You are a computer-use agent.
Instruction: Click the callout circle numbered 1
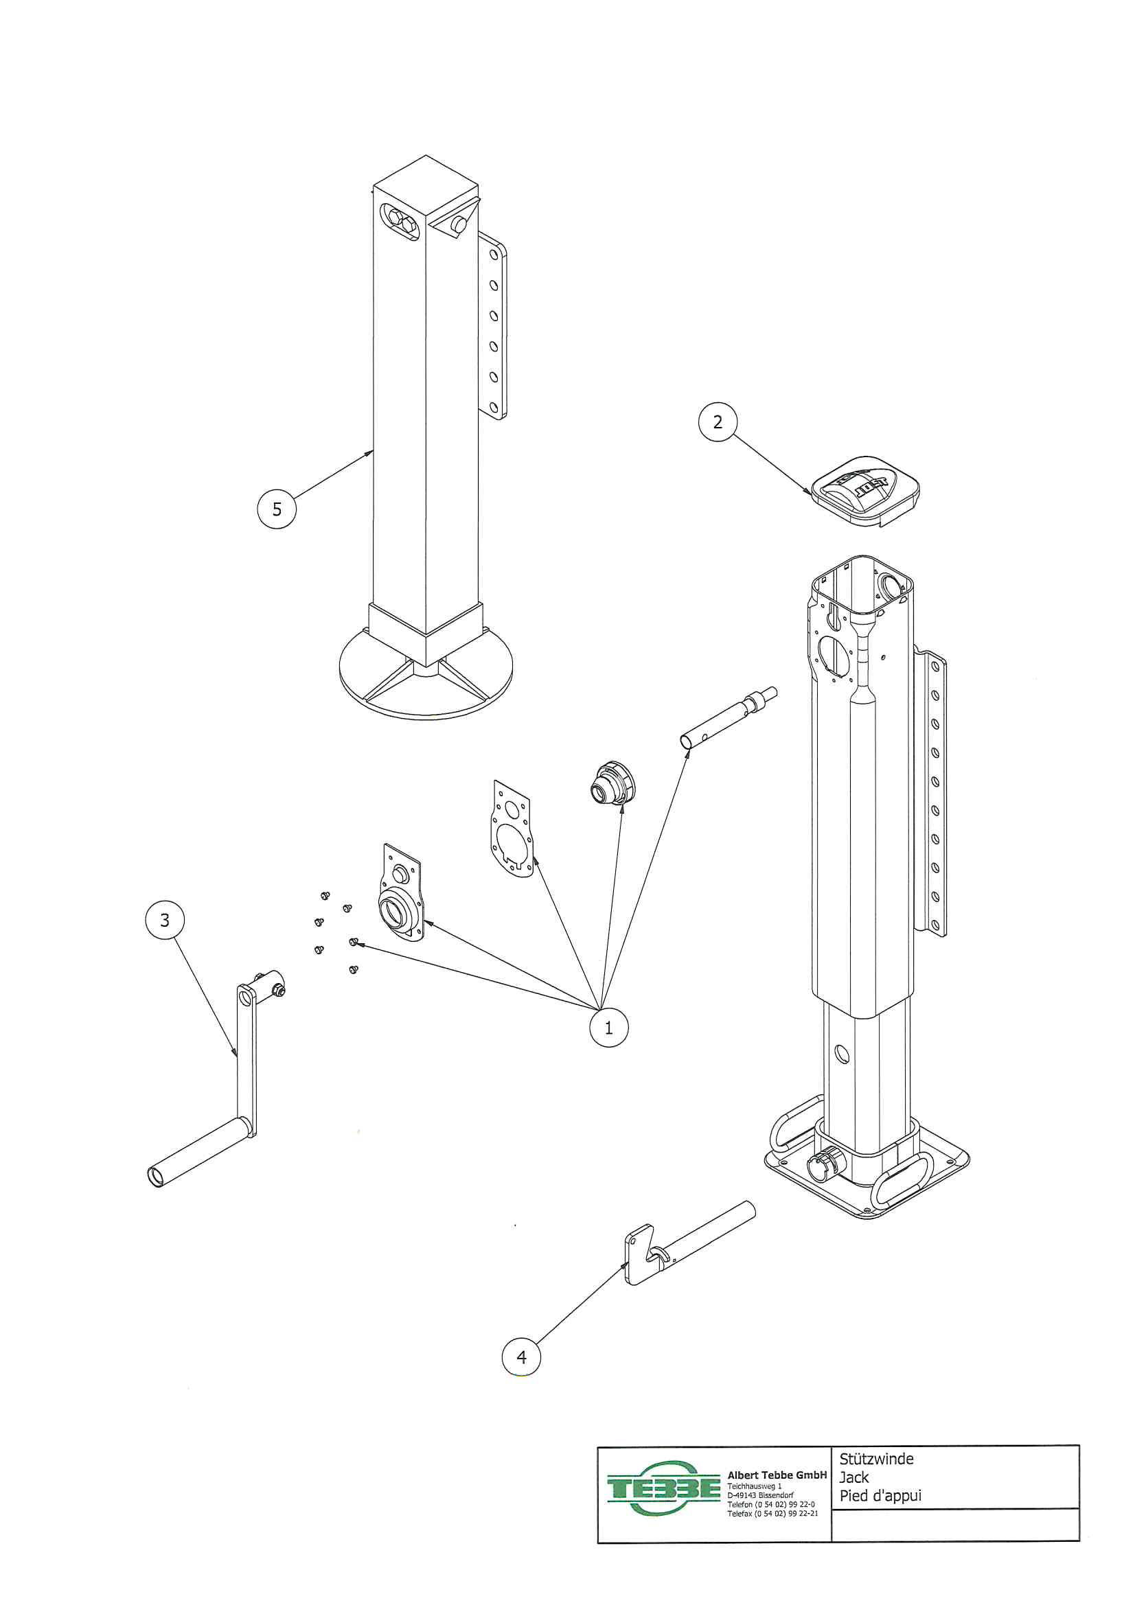coord(608,1028)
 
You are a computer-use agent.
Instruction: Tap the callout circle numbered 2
coord(718,422)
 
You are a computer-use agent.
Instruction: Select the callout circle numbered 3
coord(165,920)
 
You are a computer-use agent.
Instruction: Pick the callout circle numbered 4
coord(522,1357)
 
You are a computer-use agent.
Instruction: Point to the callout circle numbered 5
coord(277,509)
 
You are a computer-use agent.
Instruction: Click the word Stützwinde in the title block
coord(876,1459)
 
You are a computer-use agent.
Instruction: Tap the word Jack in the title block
coord(854,1477)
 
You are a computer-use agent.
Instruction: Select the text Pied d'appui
coord(880,1496)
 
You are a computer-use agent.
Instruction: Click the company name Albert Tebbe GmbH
coord(777,1475)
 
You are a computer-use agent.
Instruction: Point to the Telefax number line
coord(772,1514)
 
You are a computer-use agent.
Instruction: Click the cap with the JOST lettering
coord(866,491)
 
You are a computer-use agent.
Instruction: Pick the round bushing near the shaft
coord(613,783)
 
